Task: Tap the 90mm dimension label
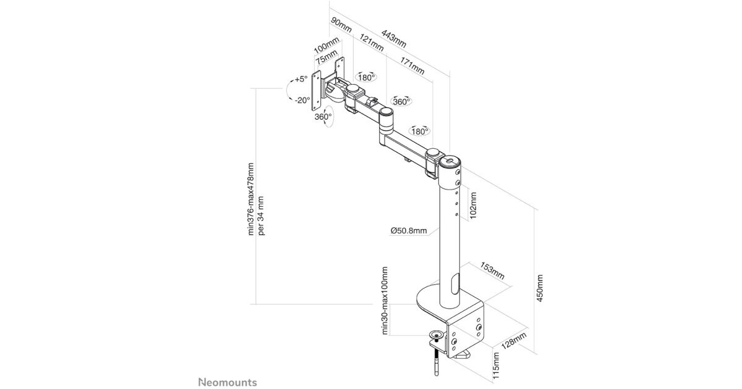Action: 341,26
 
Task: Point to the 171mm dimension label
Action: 412,65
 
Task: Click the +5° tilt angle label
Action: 301,79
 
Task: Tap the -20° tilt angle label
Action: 302,100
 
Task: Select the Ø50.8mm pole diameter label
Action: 408,231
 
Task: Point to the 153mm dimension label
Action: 492,273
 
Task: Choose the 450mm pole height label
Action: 540,288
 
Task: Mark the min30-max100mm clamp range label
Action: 384,300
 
